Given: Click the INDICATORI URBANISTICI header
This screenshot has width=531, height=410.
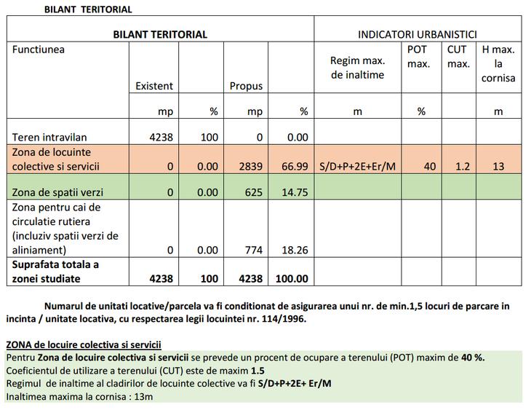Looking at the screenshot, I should (417, 34).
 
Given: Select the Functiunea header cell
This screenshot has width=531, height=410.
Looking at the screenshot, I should (38, 50).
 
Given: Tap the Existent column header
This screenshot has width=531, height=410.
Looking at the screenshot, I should (154, 86).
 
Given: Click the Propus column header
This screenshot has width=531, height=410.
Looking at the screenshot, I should (246, 86).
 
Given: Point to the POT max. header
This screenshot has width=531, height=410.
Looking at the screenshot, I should (418, 57).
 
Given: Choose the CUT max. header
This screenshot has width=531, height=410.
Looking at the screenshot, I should (458, 57).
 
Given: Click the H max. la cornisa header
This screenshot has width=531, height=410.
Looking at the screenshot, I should (498, 63).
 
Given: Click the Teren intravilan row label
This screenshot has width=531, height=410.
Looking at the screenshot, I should (49, 137).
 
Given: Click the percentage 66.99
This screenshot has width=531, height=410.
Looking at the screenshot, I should (295, 167).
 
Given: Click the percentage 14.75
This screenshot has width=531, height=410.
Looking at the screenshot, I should (295, 193).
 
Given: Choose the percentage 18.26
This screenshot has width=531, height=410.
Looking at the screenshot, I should (295, 251).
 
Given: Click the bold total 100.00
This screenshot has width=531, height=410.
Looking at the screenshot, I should (291, 278).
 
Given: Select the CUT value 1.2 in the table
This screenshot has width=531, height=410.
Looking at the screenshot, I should (462, 167).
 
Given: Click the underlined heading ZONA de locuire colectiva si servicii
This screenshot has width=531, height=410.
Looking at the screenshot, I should (83, 344).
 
